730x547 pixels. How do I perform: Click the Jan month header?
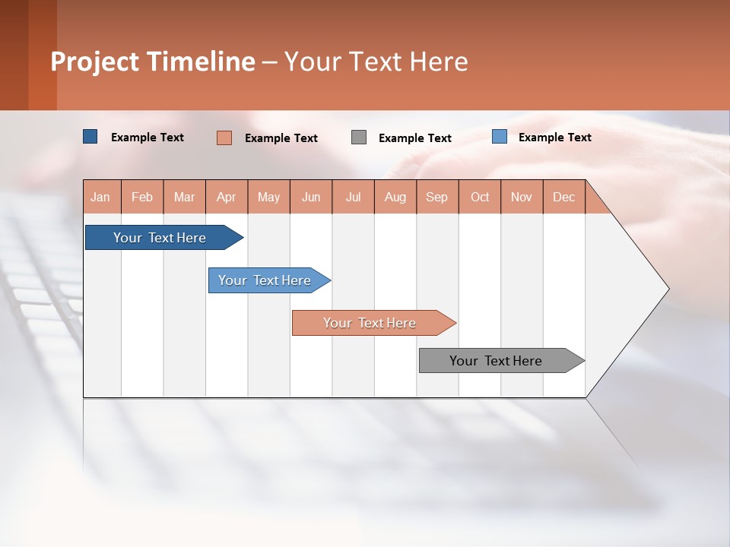coord(101,197)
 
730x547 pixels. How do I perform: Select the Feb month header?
coord(142,197)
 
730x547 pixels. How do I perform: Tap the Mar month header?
coord(184,197)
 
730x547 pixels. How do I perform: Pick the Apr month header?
coord(227,197)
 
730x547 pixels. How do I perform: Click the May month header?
coord(268,197)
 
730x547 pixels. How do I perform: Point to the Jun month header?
coord(311,197)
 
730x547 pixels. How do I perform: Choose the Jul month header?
coord(353,197)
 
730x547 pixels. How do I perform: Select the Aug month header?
coord(395,197)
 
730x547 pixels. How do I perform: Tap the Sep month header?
coord(437,197)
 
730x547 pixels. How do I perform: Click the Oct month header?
coord(480,197)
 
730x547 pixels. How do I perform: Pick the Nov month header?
coord(522,197)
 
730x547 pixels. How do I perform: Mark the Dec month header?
coord(564,197)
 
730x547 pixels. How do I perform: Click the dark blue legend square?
coord(90,137)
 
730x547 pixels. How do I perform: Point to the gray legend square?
coord(359,138)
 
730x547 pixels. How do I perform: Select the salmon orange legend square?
coord(224,138)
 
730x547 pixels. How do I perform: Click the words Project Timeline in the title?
coord(153,62)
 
